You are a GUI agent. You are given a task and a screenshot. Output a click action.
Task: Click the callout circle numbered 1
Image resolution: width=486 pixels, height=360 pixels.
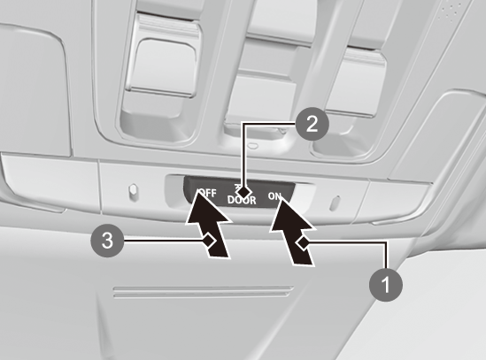(386, 285)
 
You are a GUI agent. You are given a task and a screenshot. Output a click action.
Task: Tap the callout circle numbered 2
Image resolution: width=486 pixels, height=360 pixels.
(312, 124)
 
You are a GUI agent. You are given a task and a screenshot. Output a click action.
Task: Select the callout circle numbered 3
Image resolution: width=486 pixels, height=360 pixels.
(107, 241)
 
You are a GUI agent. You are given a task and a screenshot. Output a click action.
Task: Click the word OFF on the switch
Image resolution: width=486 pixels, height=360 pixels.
(208, 193)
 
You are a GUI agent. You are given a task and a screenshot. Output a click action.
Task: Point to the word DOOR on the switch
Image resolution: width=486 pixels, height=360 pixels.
(242, 200)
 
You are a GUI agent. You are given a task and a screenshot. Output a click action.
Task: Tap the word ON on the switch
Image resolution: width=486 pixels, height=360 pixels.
(275, 196)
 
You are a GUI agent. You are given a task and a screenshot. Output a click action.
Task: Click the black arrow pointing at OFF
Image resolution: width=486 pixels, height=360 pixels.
(210, 226)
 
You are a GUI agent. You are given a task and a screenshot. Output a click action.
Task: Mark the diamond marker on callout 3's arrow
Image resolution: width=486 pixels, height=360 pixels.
(210, 241)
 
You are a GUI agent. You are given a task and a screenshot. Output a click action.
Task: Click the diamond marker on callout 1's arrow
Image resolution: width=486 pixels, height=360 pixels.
(303, 243)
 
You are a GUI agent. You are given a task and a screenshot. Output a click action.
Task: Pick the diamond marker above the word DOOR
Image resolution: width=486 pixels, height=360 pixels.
(244, 193)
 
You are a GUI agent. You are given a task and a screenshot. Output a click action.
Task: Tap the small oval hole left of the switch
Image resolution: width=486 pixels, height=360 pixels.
(133, 189)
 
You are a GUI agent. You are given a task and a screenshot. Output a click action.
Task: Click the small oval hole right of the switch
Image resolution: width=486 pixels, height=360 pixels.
(335, 203)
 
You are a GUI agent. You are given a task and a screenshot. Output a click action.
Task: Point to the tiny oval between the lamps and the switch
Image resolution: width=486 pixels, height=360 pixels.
(253, 144)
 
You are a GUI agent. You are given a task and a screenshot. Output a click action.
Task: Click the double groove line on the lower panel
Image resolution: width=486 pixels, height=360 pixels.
(203, 292)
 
